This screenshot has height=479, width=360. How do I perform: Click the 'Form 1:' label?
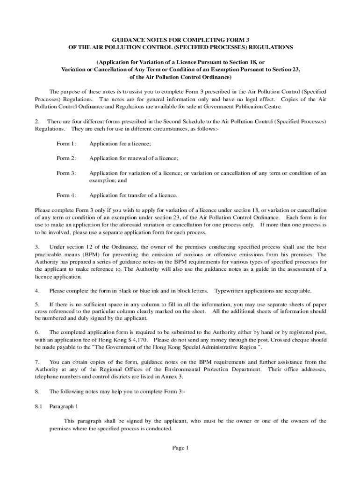[x=66, y=144]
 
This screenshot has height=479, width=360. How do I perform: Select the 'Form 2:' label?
[x=66, y=158]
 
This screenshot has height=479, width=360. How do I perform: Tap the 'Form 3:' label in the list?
[x=66, y=173]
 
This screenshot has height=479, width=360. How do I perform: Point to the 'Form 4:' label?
[x=66, y=195]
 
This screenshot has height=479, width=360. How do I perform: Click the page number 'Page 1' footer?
[x=180, y=448]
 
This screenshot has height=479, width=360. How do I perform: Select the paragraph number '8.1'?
[x=39, y=406]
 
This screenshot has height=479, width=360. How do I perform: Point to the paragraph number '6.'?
[x=37, y=332]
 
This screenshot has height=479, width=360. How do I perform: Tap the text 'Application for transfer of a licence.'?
[x=133, y=195]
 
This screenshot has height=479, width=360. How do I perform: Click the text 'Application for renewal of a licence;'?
[x=134, y=158]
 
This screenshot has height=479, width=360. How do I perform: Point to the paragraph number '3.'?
[x=37, y=247]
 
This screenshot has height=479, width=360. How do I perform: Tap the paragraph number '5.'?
[x=37, y=304]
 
